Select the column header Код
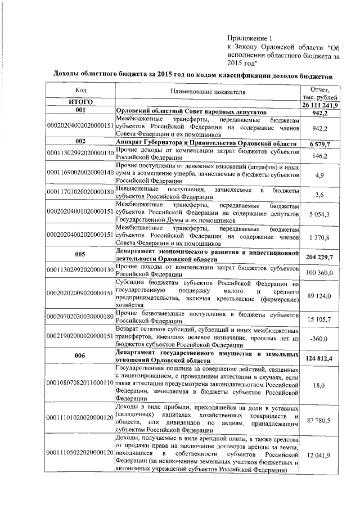coord(80,91)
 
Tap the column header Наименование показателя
coord(206,91)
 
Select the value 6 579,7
coord(320,144)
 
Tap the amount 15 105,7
coord(320,319)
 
